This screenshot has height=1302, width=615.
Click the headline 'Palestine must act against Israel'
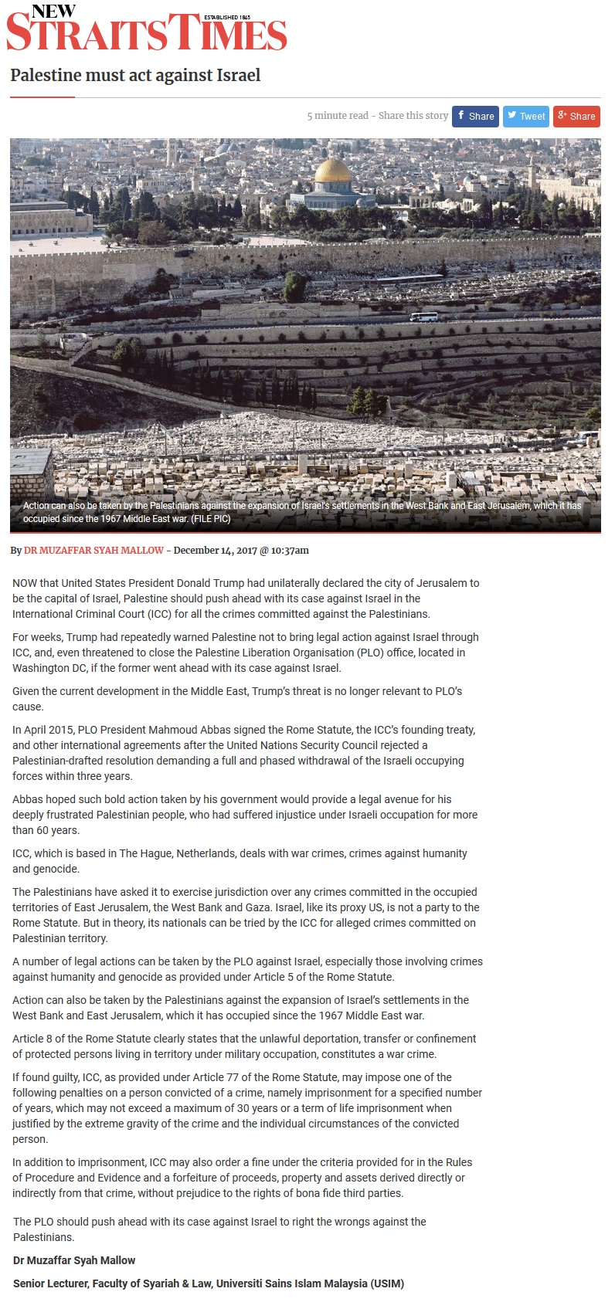click(x=135, y=76)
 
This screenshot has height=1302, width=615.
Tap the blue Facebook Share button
click(x=475, y=116)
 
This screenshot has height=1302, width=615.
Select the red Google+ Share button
click(x=576, y=116)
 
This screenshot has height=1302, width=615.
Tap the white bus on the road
click(x=423, y=317)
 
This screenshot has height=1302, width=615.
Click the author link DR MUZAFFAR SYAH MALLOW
click(x=93, y=551)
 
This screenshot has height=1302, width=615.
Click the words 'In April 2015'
click(x=38, y=730)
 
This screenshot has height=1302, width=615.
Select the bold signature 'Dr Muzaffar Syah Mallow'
click(x=74, y=1260)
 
